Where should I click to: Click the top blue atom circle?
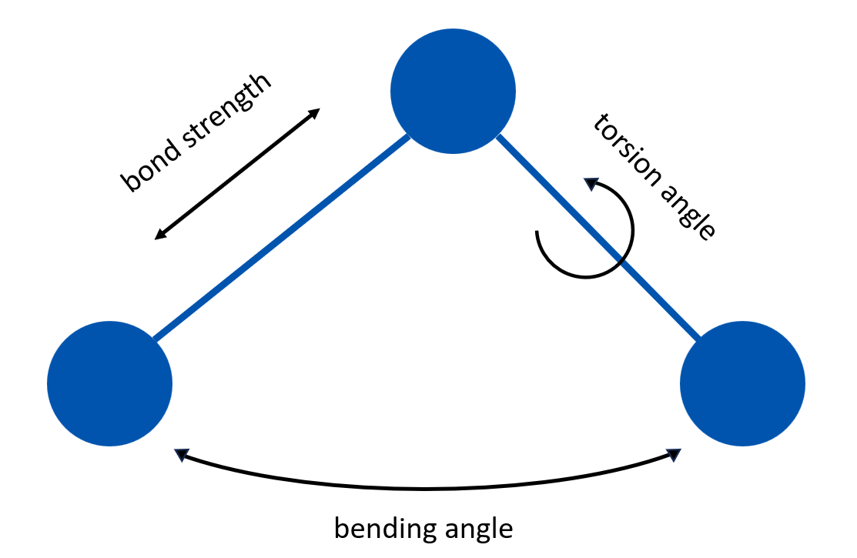pos(453,91)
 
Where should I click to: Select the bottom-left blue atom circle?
pos(109,383)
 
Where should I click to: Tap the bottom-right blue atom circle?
pos(742,383)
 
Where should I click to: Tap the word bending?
pos(379,529)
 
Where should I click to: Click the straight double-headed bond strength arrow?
pos(237,174)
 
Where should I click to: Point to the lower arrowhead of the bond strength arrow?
pos(159,235)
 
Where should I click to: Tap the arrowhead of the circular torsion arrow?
pos(590,184)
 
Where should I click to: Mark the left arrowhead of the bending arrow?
pos(181,455)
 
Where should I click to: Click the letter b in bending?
pos(340,528)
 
